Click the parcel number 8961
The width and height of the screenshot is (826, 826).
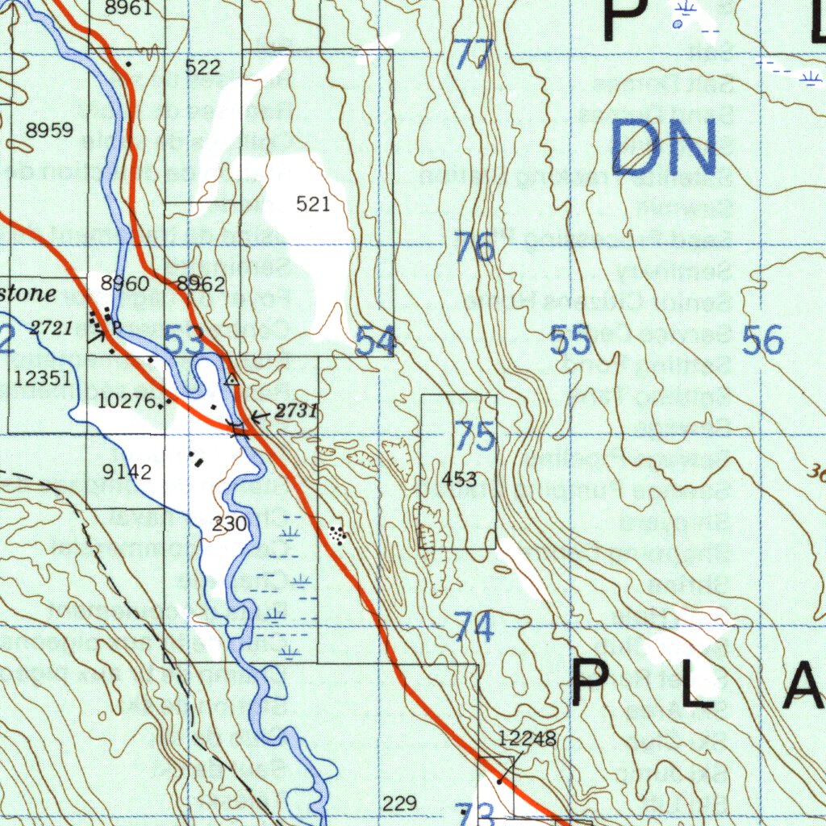[x=128, y=8]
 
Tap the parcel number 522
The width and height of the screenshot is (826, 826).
[x=202, y=68]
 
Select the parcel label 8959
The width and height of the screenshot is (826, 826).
[x=49, y=131]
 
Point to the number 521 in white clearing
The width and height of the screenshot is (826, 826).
[x=313, y=205]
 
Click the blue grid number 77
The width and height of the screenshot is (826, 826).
[x=473, y=55]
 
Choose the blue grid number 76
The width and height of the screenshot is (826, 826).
[x=474, y=248]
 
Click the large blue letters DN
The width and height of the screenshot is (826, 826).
[x=663, y=148]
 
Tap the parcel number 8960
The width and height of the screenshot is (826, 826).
[x=125, y=284]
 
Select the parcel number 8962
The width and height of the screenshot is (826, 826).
[x=201, y=284]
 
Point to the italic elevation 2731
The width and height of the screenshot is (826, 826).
[x=296, y=411]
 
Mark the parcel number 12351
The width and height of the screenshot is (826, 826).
[x=43, y=378]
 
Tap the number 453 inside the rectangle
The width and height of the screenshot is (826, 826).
[x=459, y=480]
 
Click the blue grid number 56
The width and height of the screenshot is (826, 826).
[x=762, y=341]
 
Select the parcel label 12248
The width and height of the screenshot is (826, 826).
[x=527, y=739]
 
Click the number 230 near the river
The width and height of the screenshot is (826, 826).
[x=229, y=524]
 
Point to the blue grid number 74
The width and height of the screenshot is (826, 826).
[x=474, y=627]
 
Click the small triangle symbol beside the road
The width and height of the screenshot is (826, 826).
[x=232, y=378]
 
